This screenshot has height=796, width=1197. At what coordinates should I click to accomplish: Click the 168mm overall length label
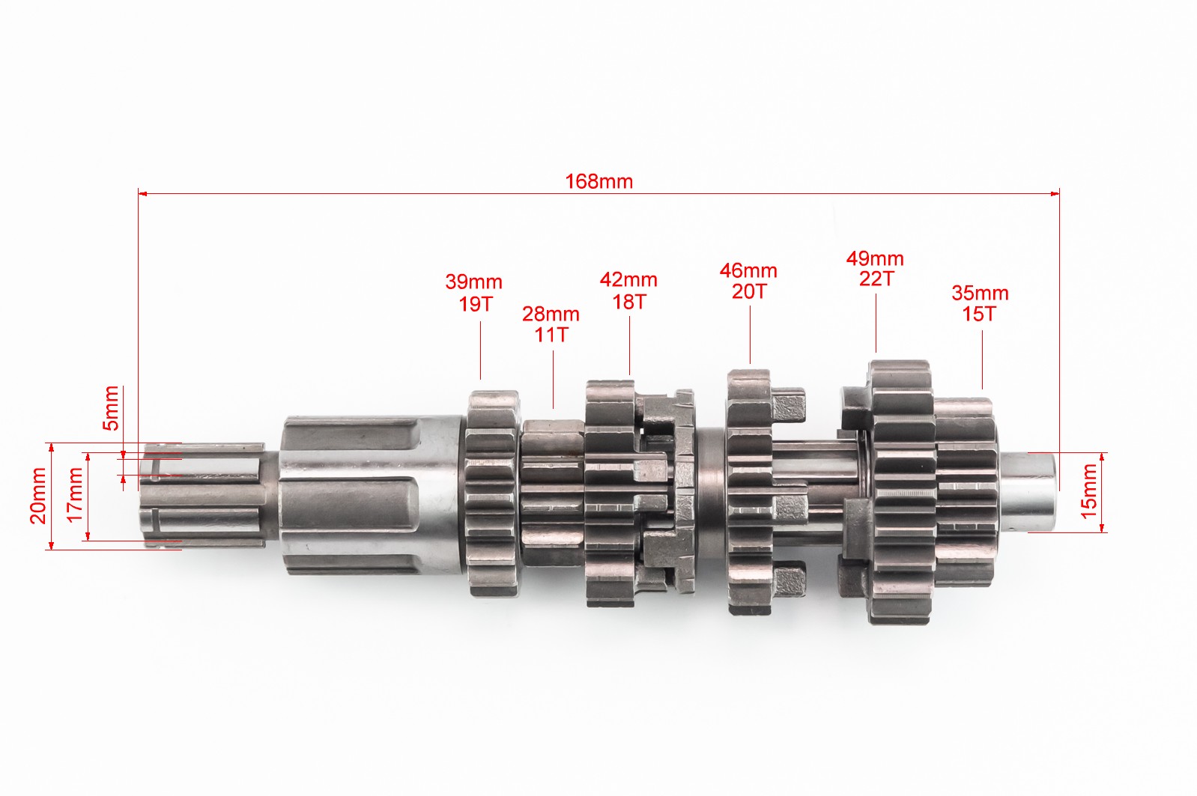(x=599, y=182)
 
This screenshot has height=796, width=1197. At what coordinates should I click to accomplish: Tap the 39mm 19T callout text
(x=474, y=293)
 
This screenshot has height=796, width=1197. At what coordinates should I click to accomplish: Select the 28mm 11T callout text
(x=551, y=324)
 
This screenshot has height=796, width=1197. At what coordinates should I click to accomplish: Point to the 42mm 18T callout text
(x=628, y=291)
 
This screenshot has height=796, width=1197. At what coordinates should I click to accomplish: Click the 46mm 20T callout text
(x=748, y=281)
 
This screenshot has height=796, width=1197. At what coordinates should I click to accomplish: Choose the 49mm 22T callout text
(x=875, y=269)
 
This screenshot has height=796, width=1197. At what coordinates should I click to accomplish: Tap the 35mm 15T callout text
(x=980, y=303)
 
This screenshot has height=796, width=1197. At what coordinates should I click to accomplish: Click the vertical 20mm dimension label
(x=38, y=495)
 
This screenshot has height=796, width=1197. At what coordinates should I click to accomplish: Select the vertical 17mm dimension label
(x=75, y=495)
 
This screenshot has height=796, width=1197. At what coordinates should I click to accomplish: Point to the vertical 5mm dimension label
(x=111, y=408)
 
